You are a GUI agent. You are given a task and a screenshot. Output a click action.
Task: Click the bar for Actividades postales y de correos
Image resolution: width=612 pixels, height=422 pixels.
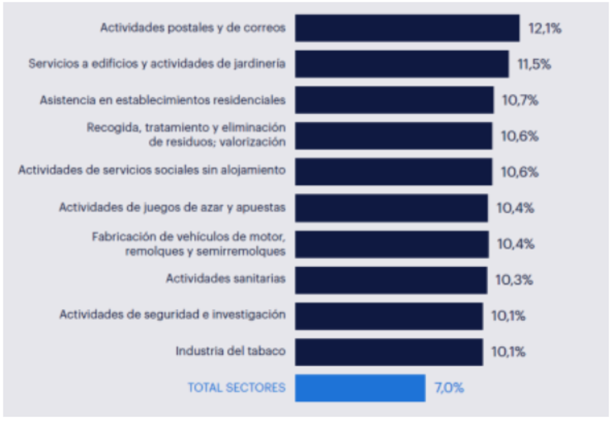pyautogui.click(x=406, y=28)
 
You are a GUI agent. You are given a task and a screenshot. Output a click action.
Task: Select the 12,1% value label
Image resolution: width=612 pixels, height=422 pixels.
pyautogui.click(x=544, y=28)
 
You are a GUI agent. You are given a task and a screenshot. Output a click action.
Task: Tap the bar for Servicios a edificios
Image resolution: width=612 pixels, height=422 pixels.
pyautogui.click(x=401, y=64)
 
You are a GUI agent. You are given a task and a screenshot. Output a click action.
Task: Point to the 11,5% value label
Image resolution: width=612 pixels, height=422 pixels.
pyautogui.click(x=534, y=64)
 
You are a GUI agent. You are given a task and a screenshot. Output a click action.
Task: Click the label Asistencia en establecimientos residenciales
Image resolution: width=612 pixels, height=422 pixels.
pyautogui.click(x=163, y=100)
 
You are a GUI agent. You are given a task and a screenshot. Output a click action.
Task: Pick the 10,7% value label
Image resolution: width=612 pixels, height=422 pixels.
pyautogui.click(x=520, y=100)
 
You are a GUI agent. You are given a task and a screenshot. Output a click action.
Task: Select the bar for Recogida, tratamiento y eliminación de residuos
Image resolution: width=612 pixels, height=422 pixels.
pyautogui.click(x=393, y=136)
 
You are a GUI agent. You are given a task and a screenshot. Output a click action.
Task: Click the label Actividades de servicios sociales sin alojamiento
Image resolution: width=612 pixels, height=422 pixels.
pyautogui.click(x=152, y=170)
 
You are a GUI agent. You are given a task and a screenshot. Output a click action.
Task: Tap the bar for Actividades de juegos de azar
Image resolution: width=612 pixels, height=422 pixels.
pyautogui.click(x=391, y=208)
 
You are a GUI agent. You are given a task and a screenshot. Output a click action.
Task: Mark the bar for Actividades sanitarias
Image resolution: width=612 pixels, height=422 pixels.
pyautogui.click(x=390, y=280)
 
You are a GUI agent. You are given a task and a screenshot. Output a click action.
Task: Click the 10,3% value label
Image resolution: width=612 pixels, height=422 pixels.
pyautogui.click(x=514, y=280)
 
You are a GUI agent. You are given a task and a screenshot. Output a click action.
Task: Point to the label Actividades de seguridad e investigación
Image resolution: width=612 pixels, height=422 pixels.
pyautogui.click(x=172, y=314)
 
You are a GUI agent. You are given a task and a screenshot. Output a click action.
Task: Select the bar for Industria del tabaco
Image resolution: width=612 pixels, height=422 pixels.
pyautogui.click(x=388, y=351)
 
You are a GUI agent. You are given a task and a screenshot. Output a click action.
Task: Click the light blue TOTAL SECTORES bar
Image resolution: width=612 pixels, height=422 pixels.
pyautogui.click(x=360, y=387)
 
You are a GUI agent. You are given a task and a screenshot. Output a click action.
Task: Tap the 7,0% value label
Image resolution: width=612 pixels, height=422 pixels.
pyautogui.click(x=449, y=387)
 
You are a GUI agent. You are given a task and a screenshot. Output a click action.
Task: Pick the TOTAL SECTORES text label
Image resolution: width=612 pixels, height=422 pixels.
pyautogui.click(x=237, y=387)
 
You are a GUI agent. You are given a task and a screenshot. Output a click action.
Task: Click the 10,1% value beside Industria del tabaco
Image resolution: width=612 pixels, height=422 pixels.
pyautogui.click(x=508, y=351)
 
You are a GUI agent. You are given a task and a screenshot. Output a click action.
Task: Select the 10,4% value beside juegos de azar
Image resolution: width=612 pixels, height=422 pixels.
pyautogui.click(x=515, y=208)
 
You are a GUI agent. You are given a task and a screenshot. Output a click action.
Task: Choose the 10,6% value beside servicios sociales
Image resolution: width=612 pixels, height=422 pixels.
pyautogui.click(x=519, y=172)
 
